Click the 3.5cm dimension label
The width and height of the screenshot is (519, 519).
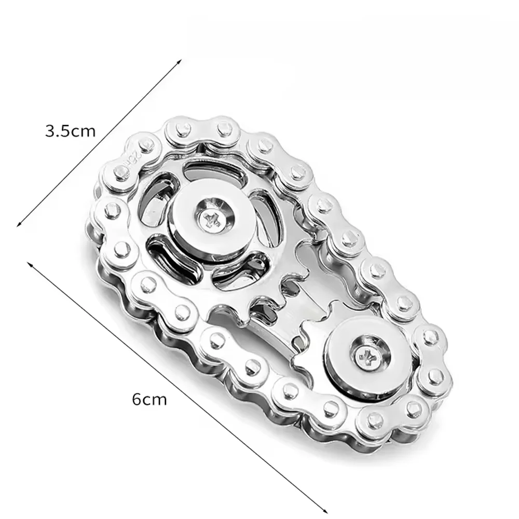(71, 130)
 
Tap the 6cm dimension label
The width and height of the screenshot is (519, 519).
(149, 400)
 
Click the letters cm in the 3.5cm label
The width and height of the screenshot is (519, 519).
(84, 131)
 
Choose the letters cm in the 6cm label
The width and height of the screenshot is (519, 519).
(156, 400)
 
